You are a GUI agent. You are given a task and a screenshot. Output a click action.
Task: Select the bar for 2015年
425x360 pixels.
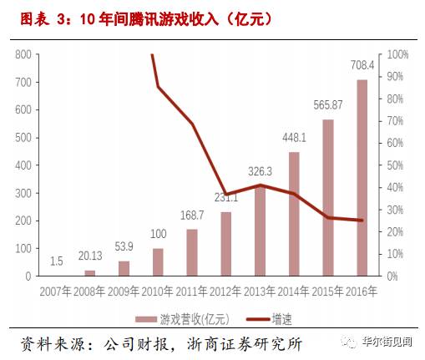coord(327,197)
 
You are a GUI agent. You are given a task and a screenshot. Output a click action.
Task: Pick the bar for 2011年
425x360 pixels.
coord(192,252)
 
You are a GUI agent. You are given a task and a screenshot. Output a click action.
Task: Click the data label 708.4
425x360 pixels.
coord(362,63)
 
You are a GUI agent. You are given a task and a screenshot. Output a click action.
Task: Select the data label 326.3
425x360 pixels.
coord(261,171)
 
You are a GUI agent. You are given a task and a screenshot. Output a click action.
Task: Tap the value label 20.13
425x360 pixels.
coord(90,256)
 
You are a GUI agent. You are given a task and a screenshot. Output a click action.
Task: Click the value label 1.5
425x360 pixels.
coord(56,261)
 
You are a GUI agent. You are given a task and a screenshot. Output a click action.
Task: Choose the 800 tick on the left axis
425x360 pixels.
coord(23,55)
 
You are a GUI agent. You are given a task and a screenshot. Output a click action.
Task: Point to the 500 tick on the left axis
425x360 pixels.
coord(23,138)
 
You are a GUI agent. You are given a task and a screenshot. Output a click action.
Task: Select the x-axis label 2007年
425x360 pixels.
coord(56,292)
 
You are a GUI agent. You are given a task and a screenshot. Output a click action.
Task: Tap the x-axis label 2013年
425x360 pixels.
coord(261,292)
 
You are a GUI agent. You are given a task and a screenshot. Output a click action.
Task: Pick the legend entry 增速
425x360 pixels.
coord(281,318)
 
